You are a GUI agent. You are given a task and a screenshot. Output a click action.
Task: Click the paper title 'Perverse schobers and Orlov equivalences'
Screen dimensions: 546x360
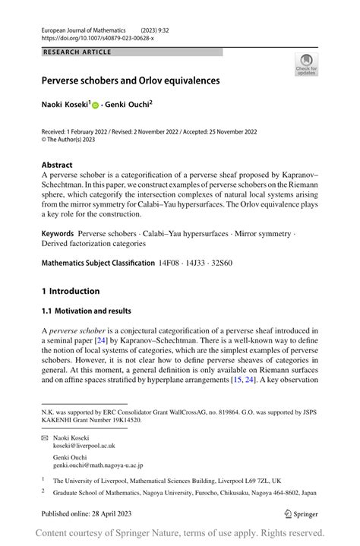pos(131,80)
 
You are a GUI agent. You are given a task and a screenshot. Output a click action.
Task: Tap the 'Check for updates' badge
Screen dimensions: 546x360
pos(306,64)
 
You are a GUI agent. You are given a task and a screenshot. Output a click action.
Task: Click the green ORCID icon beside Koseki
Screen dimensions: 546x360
pos(96,106)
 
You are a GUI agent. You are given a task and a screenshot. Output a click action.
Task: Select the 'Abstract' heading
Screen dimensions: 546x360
pos(57,165)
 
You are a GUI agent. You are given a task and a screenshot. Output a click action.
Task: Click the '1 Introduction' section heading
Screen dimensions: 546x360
pos(71,291)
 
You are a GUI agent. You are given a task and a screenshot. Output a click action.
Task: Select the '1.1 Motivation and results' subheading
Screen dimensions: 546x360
pos(86,311)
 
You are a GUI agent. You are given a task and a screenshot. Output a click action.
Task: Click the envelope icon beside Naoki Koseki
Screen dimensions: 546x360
pos(44,438)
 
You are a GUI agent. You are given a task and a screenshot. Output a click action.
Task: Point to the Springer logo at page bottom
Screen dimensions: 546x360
pos(300,514)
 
